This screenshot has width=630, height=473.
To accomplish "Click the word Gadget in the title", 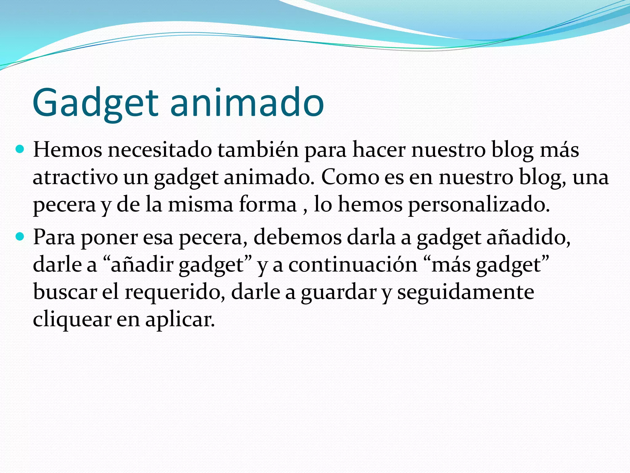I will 95,103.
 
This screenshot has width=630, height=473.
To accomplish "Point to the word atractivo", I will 75,177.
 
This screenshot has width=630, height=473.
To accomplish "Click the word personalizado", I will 478,204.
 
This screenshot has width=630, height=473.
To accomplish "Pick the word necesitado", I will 160,150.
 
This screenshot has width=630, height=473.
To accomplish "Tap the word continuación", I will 353,265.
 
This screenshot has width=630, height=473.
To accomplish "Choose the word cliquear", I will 72,320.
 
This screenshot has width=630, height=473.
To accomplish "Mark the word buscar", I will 65,292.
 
